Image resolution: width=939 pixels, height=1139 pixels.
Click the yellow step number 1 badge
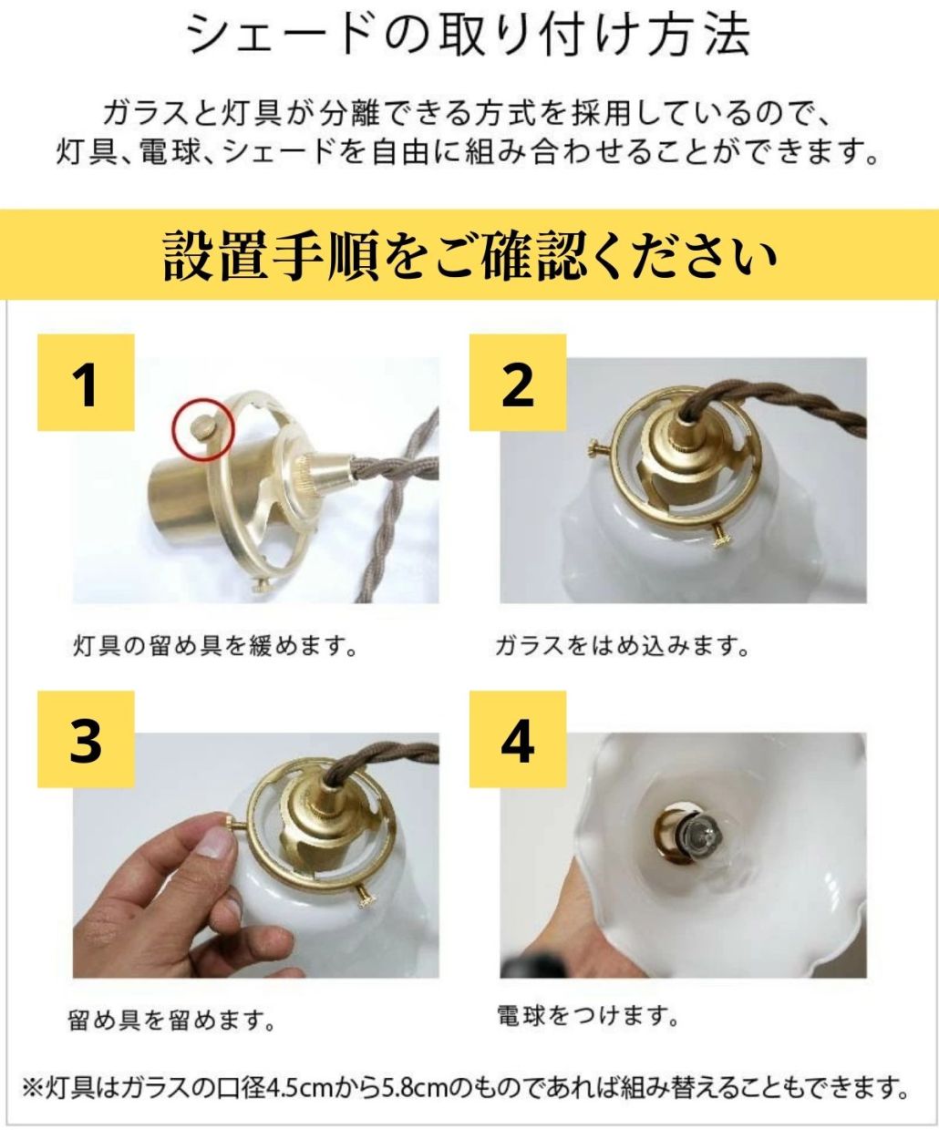(x=86, y=383)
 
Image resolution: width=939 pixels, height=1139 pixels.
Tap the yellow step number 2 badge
(x=518, y=383)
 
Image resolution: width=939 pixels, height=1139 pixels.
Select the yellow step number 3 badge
(x=86, y=739)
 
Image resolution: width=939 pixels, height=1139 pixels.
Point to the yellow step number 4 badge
(x=518, y=739)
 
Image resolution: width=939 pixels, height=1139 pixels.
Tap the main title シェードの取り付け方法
(x=469, y=36)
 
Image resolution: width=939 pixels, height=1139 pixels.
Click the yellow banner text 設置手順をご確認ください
(x=469, y=255)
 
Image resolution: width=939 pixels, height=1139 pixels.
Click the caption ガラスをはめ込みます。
(x=623, y=646)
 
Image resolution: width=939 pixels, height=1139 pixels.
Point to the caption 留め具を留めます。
(x=170, y=1020)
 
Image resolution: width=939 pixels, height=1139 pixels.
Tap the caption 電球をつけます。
(x=588, y=1016)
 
